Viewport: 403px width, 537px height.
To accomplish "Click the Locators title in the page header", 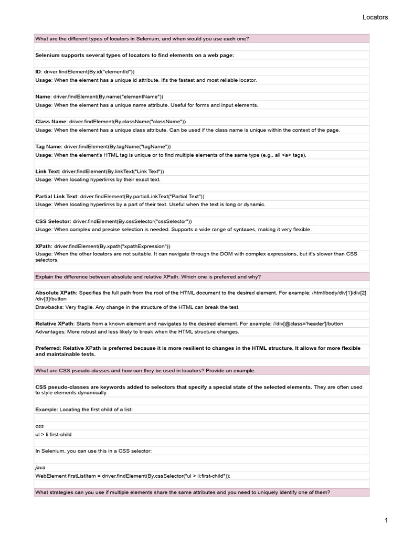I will tap(375, 17).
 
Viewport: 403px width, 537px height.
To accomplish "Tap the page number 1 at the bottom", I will tap(386, 520).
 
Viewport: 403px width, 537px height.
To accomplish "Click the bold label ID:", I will tap(38, 71).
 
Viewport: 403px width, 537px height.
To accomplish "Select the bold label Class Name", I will tap(51, 121).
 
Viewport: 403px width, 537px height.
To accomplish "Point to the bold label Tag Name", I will tap(48, 146).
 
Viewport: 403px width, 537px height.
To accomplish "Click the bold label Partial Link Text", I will tap(56, 196).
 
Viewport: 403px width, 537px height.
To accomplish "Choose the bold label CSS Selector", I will tap(53, 221).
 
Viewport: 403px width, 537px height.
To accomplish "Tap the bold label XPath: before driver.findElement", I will tap(44, 246).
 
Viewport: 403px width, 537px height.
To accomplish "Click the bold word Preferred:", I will tap(48, 348).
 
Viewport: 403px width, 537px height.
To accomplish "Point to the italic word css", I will tap(39, 426).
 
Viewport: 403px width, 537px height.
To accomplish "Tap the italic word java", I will tap(40, 467).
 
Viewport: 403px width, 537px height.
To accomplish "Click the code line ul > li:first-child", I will tap(53, 435).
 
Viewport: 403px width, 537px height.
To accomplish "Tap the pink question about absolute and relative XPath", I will tap(148, 276).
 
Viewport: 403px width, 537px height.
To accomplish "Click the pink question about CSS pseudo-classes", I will tap(145, 370).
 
